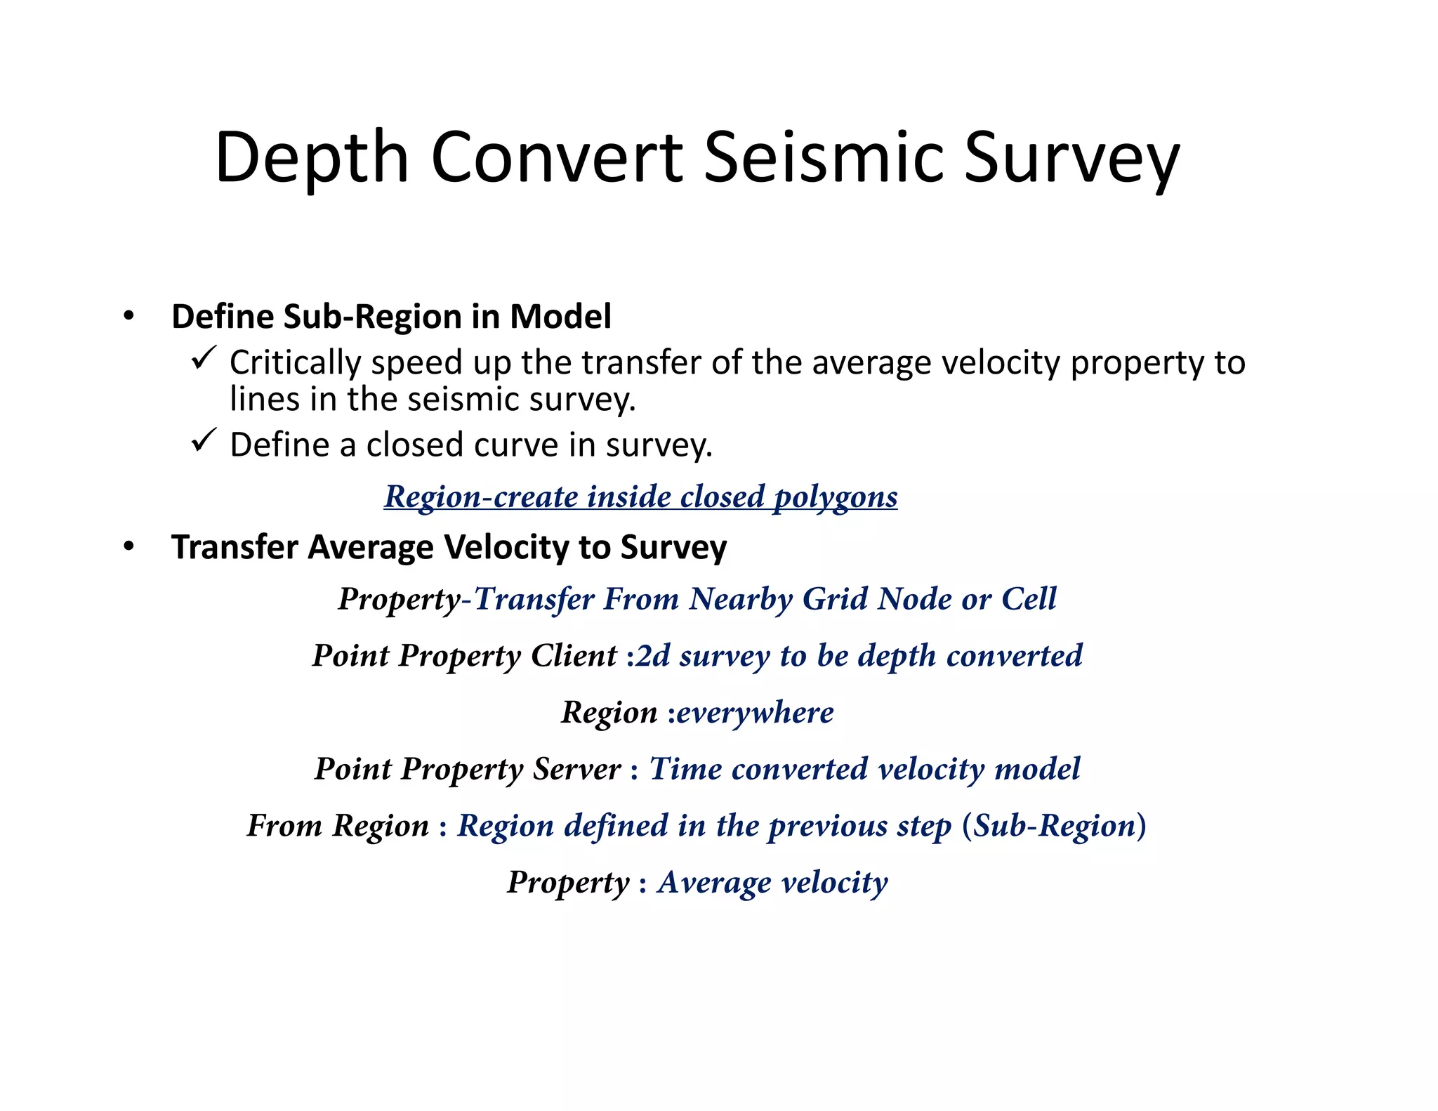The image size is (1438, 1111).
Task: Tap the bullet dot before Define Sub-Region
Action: pos(128,316)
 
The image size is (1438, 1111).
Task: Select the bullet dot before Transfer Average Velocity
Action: pos(128,546)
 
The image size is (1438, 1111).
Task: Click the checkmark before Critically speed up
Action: pos(204,359)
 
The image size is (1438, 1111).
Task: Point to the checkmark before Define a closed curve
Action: pos(204,441)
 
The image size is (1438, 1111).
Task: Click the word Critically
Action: pos(296,363)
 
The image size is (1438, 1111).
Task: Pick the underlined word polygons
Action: pos(835,497)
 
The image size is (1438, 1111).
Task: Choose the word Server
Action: pos(576,768)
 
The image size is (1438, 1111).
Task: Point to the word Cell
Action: pos(1029,599)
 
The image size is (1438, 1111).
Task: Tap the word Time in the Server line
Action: pos(685,768)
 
